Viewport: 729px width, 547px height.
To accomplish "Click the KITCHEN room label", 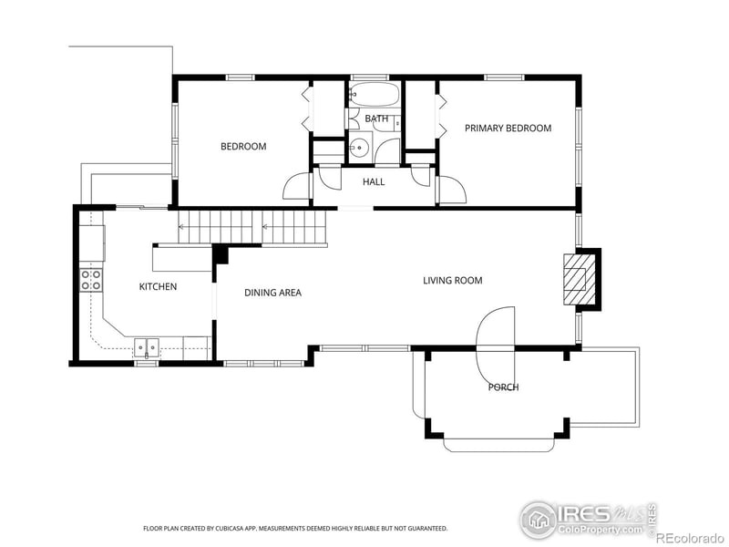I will [158, 287].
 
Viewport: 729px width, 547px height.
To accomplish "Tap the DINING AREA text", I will [272, 293].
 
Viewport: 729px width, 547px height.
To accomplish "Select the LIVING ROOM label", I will [452, 281].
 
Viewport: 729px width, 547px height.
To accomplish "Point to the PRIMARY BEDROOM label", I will [508, 129].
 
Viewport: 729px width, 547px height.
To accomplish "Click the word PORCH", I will [503, 387].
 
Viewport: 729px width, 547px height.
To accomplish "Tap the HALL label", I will [374, 182].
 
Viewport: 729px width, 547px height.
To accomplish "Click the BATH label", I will [376, 119].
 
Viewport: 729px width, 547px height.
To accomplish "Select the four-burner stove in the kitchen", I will [91, 280].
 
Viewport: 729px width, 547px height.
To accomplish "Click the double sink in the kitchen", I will [147, 346].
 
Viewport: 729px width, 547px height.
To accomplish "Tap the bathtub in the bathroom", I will [374, 95].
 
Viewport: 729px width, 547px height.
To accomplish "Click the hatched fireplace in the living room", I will [577, 279].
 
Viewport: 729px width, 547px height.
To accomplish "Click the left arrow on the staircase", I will [181, 227].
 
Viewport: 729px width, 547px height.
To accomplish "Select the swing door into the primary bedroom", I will [452, 189].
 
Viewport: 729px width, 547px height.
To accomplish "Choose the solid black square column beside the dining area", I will [220, 253].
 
